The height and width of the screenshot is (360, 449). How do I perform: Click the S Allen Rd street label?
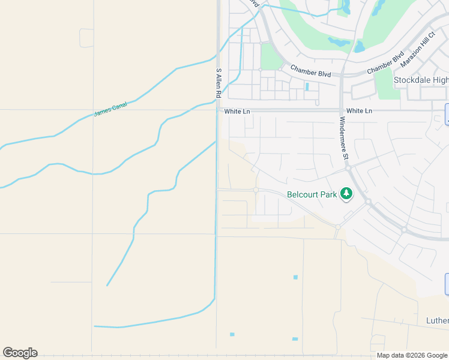tap(218, 83)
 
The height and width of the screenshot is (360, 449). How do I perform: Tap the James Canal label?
tap(110, 109)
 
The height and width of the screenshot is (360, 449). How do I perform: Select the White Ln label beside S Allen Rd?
tap(237, 112)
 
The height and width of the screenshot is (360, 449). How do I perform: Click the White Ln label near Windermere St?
tap(359, 111)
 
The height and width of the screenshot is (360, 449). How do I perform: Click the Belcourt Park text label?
tap(312, 194)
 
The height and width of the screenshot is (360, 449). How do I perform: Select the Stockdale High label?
tap(421, 80)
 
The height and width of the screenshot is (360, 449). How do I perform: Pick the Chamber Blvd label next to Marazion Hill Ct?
tap(385, 64)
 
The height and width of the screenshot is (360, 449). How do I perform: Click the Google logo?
tap(20, 352)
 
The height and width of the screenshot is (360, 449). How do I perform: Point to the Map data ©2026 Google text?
tap(412, 355)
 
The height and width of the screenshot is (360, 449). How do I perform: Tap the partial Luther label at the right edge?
tap(437, 320)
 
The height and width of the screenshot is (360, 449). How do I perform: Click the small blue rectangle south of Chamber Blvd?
tap(307, 86)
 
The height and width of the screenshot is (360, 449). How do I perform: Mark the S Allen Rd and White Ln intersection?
tap(217, 110)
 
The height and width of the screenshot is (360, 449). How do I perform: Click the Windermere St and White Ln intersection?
tap(341, 110)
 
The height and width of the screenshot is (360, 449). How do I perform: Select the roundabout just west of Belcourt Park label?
tap(256, 190)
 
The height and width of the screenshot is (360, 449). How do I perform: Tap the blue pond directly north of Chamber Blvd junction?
tap(360, 46)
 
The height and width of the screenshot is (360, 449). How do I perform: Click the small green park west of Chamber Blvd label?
tap(271, 56)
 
